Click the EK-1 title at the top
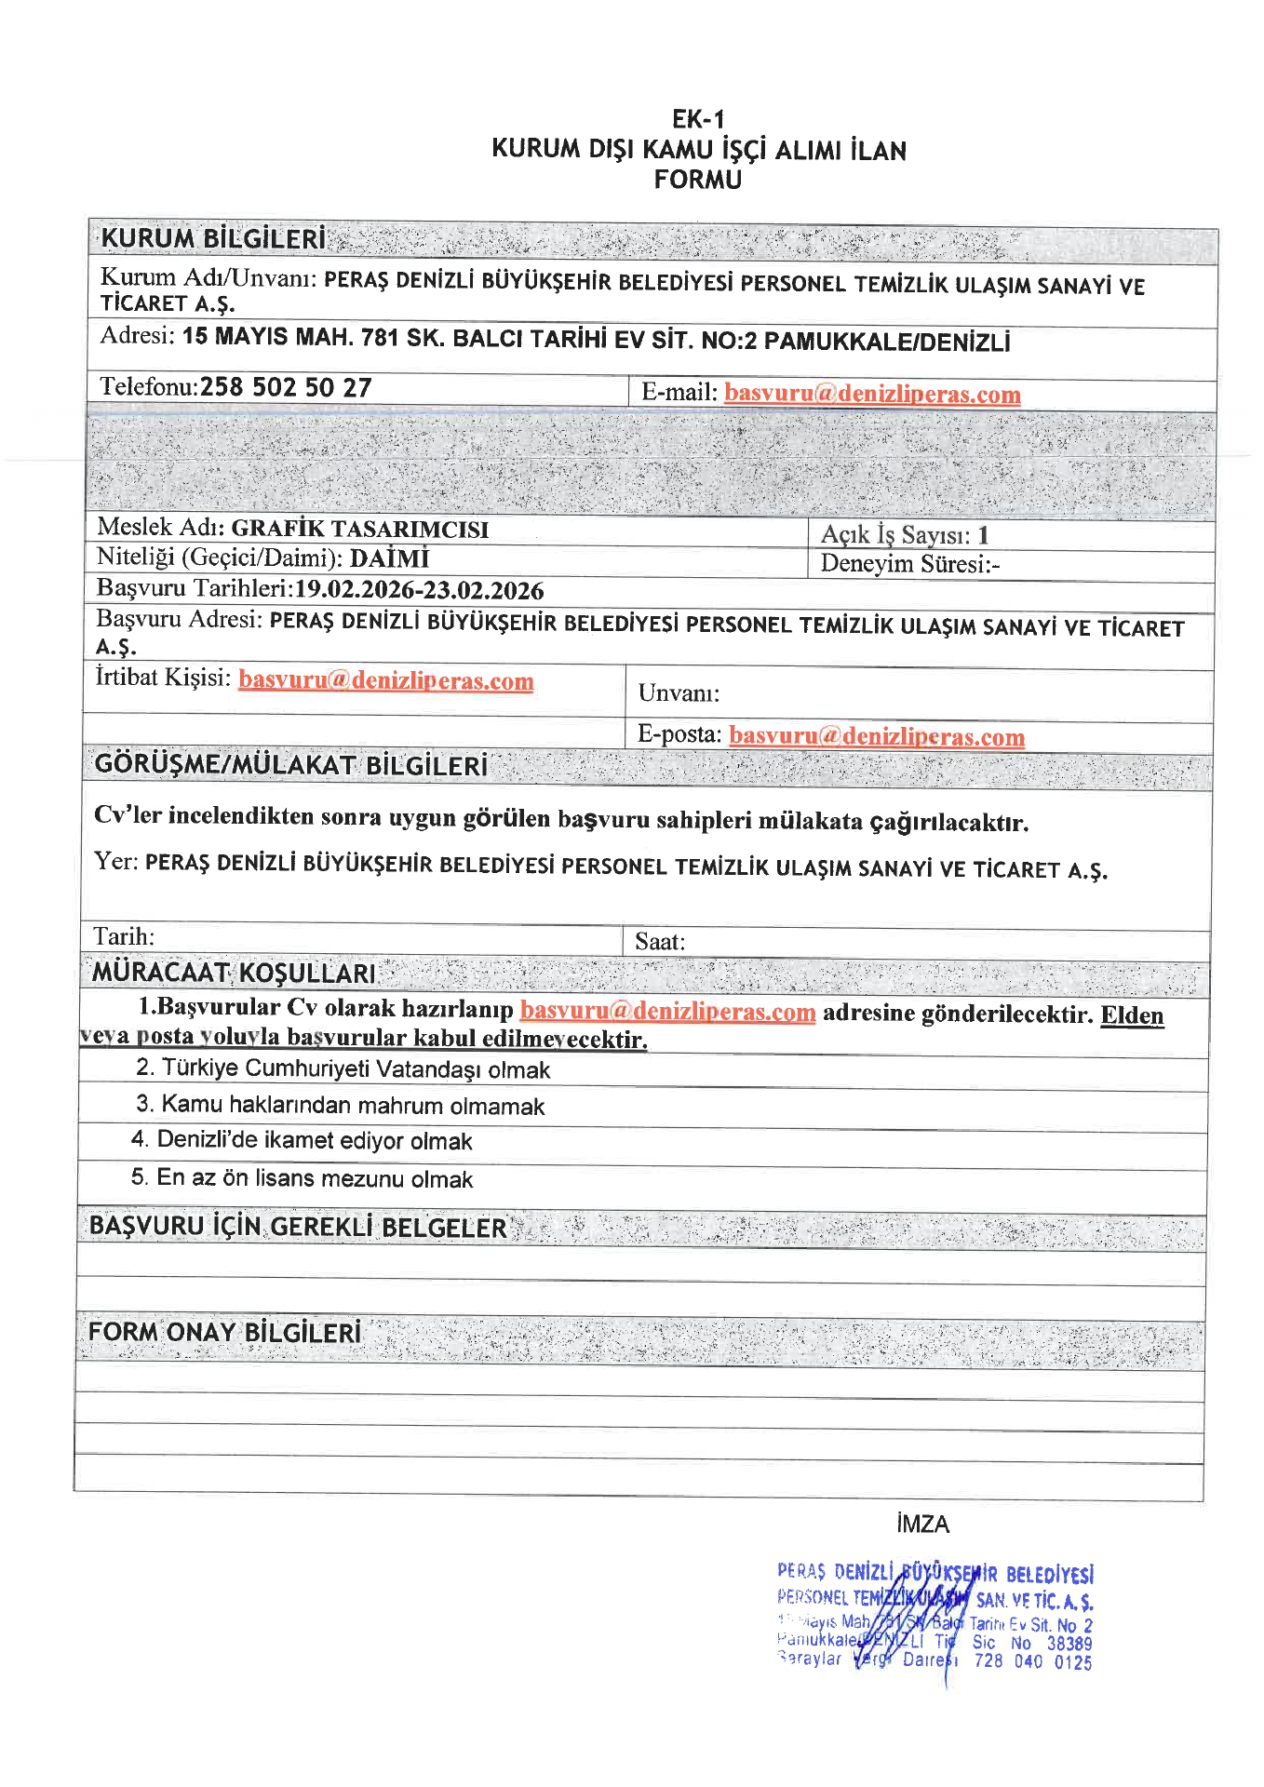[697, 119]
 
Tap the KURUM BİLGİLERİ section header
[213, 239]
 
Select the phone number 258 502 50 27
[286, 387]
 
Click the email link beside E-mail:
[872, 394]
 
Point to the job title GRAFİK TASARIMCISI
[359, 529]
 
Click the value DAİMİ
[389, 558]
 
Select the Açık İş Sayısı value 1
[983, 535]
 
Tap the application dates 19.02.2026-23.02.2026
[419, 590]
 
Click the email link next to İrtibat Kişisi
[385, 680]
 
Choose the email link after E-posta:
[876, 736]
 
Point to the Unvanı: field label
[679, 693]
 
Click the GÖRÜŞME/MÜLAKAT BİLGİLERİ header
[291, 765]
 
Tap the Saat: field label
[660, 942]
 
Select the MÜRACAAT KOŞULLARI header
[234, 974]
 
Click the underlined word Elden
[1132, 1014]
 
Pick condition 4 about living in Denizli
[302, 1140]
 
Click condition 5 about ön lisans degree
[302, 1178]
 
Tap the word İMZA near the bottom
[922, 1524]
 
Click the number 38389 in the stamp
[1069, 1643]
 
